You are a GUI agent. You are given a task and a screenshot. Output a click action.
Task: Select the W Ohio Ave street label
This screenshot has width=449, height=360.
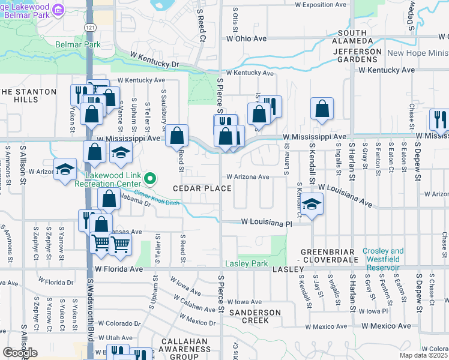pos(246,38)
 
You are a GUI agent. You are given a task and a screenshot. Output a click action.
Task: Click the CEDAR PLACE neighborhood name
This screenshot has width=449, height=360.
pos(202,188)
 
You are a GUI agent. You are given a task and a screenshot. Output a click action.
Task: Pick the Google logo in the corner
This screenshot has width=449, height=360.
pos(20,353)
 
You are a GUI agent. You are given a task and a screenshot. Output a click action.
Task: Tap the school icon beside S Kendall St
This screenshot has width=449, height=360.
pos(312,204)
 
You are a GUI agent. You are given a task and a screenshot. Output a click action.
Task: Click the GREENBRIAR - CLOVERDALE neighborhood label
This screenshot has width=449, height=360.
pos(329,256)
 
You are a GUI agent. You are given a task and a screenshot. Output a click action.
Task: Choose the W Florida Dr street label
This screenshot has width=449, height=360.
pos(56,280)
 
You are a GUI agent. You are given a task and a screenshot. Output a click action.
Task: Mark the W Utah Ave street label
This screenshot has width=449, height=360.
pos(115,338)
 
